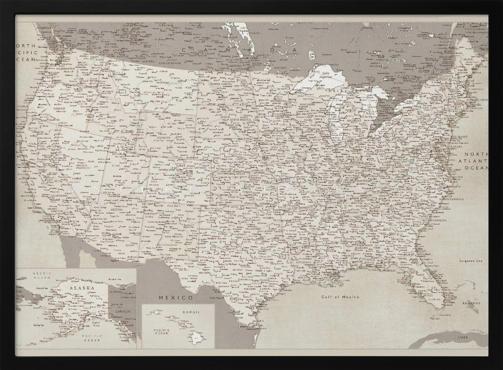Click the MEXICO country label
click(176, 298)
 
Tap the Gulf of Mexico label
click(341, 297)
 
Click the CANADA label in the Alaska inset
click(122, 311)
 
